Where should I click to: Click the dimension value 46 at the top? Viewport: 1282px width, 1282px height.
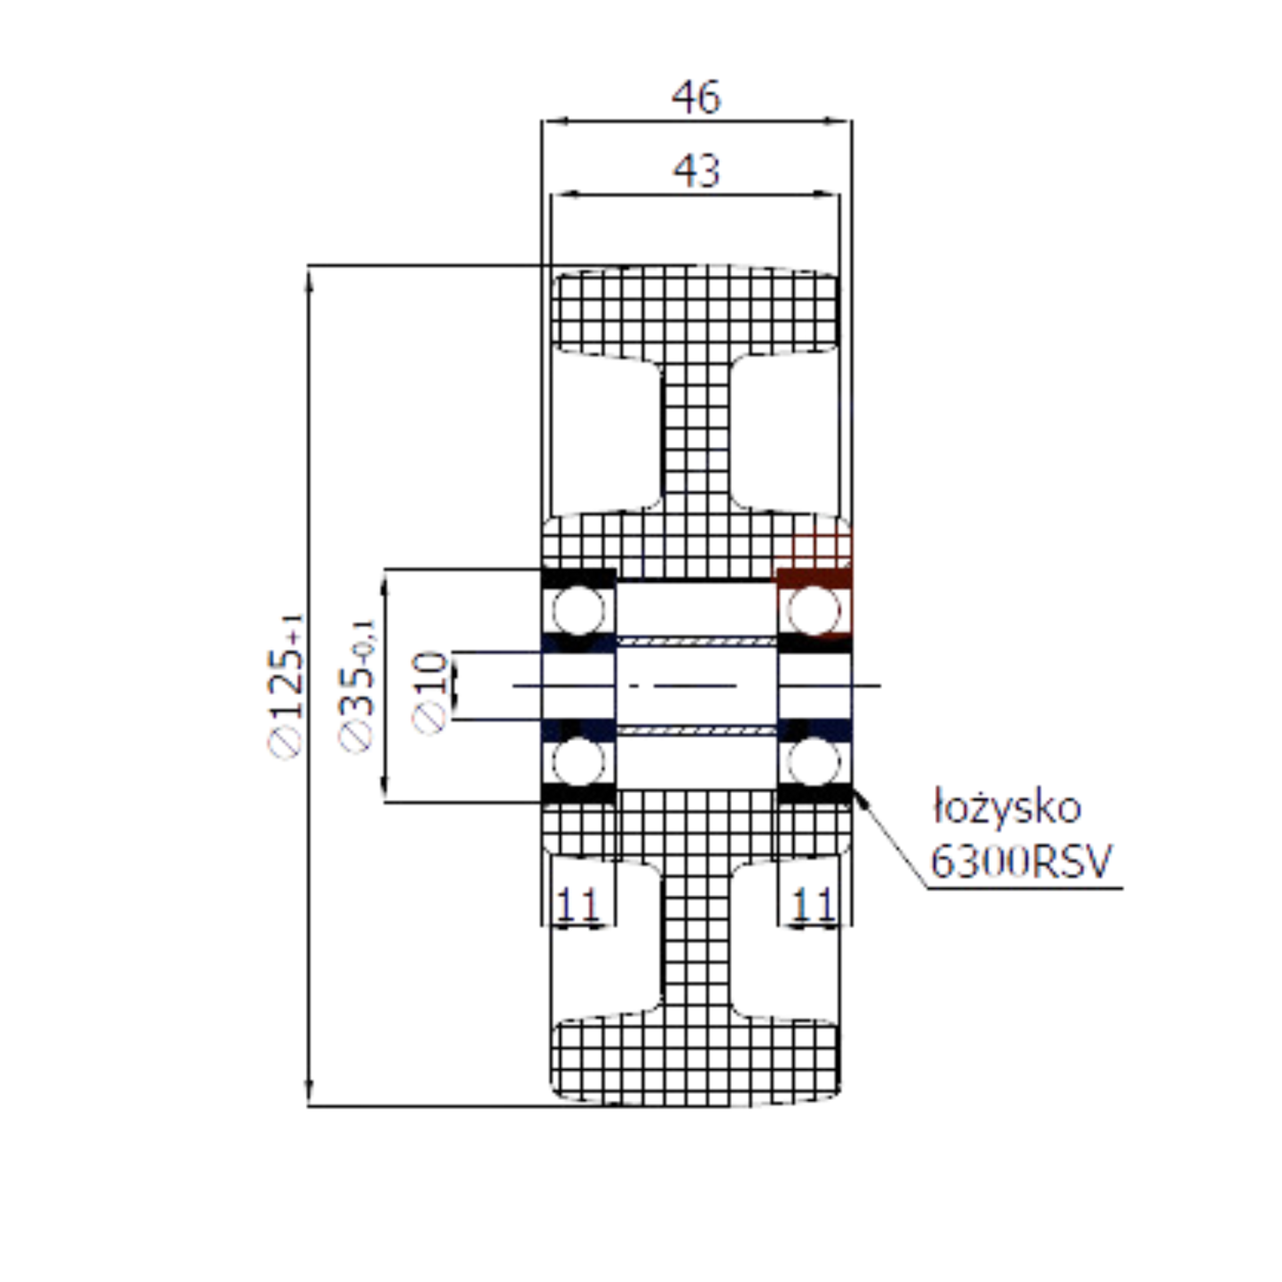pos(696,97)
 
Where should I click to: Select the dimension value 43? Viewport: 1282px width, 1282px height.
pos(696,170)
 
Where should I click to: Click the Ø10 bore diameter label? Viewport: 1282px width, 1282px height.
pos(431,693)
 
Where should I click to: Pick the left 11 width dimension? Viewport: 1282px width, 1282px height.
pos(578,905)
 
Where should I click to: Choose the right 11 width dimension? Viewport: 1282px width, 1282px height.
pos(813,905)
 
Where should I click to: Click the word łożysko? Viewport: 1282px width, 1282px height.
pos(1007,807)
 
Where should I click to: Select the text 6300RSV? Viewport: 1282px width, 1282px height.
pos(1020,860)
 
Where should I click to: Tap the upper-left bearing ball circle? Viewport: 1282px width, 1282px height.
pos(578,610)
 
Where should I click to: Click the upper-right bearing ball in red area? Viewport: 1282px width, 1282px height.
pos(814,610)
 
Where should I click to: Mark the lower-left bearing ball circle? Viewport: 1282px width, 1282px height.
pos(578,760)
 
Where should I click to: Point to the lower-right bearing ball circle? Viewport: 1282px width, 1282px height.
pos(814,760)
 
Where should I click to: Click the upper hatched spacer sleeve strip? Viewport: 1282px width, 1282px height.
pos(696,640)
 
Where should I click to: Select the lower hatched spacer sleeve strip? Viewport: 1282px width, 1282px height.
pos(696,729)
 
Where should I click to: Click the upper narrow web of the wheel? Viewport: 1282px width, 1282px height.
pos(696,435)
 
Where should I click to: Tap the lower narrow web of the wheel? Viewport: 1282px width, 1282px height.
pos(696,940)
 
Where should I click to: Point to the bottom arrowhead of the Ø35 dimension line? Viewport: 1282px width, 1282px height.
pos(385,790)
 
